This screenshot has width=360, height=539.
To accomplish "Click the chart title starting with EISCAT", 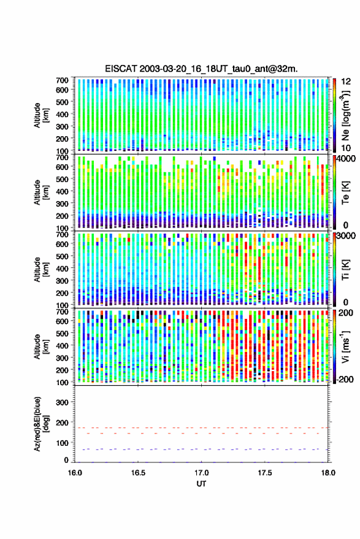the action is point(202,69).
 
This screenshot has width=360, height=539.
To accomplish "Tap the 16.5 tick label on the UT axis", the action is point(138,473).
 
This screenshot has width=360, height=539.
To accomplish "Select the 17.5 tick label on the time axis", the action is point(264,473).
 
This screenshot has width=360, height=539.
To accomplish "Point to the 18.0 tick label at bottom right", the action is point(328,473).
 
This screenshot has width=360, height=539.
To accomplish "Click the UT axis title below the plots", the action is point(202,484).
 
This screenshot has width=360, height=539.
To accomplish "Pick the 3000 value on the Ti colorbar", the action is point(347,236).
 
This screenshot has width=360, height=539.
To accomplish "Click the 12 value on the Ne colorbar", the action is point(347,82).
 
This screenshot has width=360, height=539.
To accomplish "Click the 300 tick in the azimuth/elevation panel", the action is point(62,402).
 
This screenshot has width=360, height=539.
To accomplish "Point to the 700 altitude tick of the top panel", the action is point(62,80).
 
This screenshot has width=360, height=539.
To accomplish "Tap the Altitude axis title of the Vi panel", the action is point(41,346).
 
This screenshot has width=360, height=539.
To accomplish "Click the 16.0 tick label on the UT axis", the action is point(75,473).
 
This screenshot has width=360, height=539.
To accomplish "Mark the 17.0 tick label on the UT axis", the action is point(201,473).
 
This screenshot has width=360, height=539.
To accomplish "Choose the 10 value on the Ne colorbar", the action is point(347,148).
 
